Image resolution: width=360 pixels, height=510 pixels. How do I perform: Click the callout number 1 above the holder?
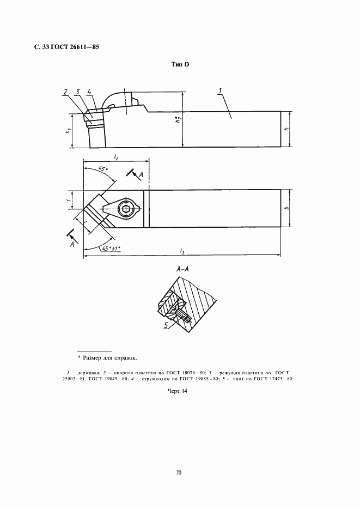pyautogui.click(x=221, y=91)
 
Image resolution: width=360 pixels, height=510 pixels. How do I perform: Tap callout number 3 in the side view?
pyautogui.click(x=77, y=92)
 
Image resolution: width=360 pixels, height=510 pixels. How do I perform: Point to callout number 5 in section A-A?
pyautogui.click(x=166, y=325)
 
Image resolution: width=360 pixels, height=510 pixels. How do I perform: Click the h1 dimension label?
pyautogui.click(x=68, y=130)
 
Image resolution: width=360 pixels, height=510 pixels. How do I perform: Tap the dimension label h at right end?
pyautogui.click(x=286, y=129)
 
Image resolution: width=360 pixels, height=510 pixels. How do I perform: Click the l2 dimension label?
pyautogui.click(x=116, y=157)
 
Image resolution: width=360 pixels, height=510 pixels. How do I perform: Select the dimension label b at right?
pyautogui.click(x=286, y=208)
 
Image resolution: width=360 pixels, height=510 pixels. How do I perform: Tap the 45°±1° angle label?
pyautogui.click(x=111, y=249)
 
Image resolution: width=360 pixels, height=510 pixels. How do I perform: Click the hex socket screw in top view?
pyautogui.click(x=124, y=208)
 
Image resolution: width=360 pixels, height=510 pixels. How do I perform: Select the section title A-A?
pyautogui.click(x=183, y=270)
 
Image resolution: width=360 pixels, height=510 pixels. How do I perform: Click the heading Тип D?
pyautogui.click(x=180, y=64)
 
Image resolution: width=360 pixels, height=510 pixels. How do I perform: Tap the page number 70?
pyautogui.click(x=179, y=472)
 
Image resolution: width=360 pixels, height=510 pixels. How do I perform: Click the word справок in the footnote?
pyautogui.click(x=125, y=358)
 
